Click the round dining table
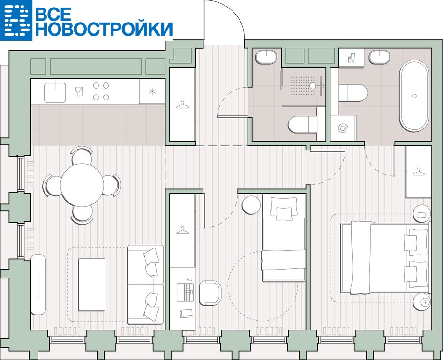point(82,185)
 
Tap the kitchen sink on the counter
point(55,92)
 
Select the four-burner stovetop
point(101,91)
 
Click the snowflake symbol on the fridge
point(152,91)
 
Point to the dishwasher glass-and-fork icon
point(79,91)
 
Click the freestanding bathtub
point(414,96)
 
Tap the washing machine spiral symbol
point(343,128)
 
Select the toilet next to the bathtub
point(353,93)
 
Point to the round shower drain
point(313,85)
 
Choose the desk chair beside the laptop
point(210,293)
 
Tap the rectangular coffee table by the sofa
point(91,284)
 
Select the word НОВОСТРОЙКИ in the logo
point(104,29)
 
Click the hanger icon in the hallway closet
point(182,105)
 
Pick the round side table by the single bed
point(251,205)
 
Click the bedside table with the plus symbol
point(421,301)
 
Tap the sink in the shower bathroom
point(266,57)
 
